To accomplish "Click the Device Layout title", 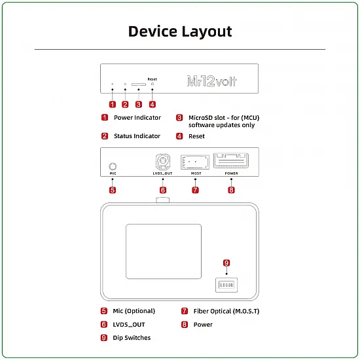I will [180, 31].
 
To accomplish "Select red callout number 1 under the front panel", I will [112, 103].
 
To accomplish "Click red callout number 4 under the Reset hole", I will [153, 103].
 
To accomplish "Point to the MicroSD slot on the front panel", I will [139, 84].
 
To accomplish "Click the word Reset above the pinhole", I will [153, 79].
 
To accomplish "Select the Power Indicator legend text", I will [137, 118].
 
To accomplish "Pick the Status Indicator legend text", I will [137, 136].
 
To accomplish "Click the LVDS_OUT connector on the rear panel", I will [162, 161].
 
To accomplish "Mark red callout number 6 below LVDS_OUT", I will [162, 190].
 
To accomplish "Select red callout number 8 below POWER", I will [230, 190].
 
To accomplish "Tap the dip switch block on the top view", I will [226, 285].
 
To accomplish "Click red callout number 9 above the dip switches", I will [226, 263].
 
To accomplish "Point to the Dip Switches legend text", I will [132, 338].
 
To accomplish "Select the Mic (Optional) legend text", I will [134, 311].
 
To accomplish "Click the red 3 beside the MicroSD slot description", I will [179, 118].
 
